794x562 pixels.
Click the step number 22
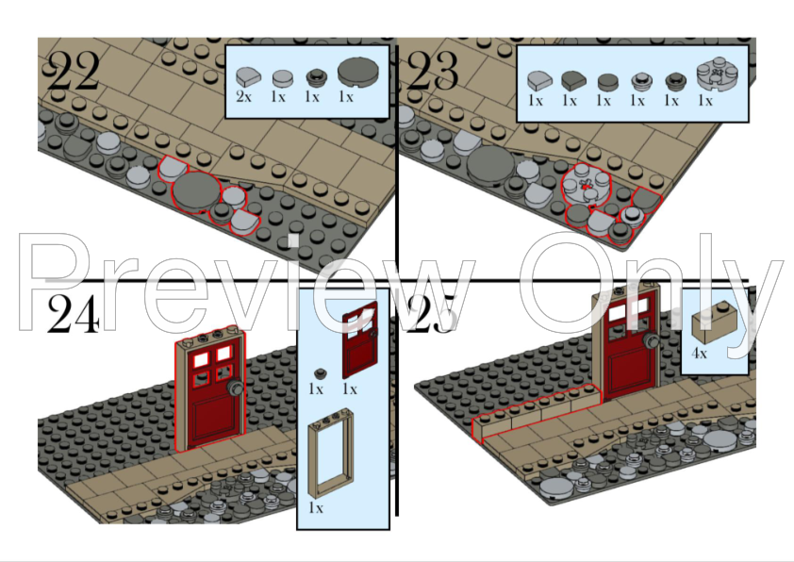(73, 71)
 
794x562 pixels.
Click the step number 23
(433, 71)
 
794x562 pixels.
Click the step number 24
(73, 314)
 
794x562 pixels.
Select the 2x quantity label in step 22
(243, 96)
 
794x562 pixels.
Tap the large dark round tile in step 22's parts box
(357, 72)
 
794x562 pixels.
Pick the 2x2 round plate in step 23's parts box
(717, 74)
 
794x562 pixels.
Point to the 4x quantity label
(699, 354)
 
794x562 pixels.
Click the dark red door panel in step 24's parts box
(360, 339)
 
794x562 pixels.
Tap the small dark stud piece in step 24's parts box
(320, 374)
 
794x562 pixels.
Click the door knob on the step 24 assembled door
(235, 388)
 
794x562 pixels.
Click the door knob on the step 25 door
(650, 341)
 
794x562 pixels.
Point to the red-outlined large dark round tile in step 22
(196, 190)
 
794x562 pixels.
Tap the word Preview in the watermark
(248, 283)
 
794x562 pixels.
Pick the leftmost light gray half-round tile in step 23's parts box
(539, 81)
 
